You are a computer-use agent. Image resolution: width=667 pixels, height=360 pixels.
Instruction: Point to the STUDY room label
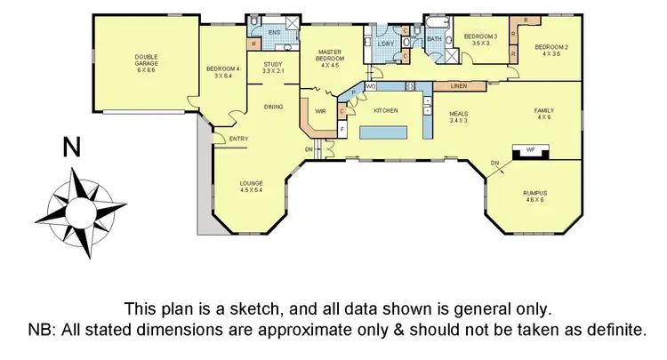tap(273, 65)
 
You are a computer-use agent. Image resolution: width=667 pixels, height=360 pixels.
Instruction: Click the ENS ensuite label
tap(274, 31)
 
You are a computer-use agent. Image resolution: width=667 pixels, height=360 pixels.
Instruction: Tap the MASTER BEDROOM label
tap(330, 57)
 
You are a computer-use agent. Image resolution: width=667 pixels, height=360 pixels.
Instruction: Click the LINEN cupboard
tap(459, 86)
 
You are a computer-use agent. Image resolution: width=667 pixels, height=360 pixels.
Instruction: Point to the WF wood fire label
tap(530, 150)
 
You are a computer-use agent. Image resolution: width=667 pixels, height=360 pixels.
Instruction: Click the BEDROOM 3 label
tap(479, 36)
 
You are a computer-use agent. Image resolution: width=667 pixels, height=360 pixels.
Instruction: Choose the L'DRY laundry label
tap(385, 44)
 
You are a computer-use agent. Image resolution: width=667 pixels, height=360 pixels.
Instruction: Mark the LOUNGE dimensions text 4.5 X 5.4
tap(252, 190)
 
